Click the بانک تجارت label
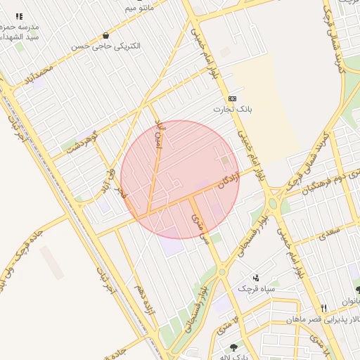coord(232,110)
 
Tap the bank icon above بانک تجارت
coord(232,98)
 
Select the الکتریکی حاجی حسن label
coord(105,46)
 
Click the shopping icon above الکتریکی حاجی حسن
coord(105,35)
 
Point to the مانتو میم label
coord(139,8)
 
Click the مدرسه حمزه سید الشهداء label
coord(19,31)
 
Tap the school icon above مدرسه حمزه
coord(19,16)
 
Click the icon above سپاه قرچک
coord(256,278)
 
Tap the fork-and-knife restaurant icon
coord(324,308)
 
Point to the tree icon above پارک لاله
coord(233,347)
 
